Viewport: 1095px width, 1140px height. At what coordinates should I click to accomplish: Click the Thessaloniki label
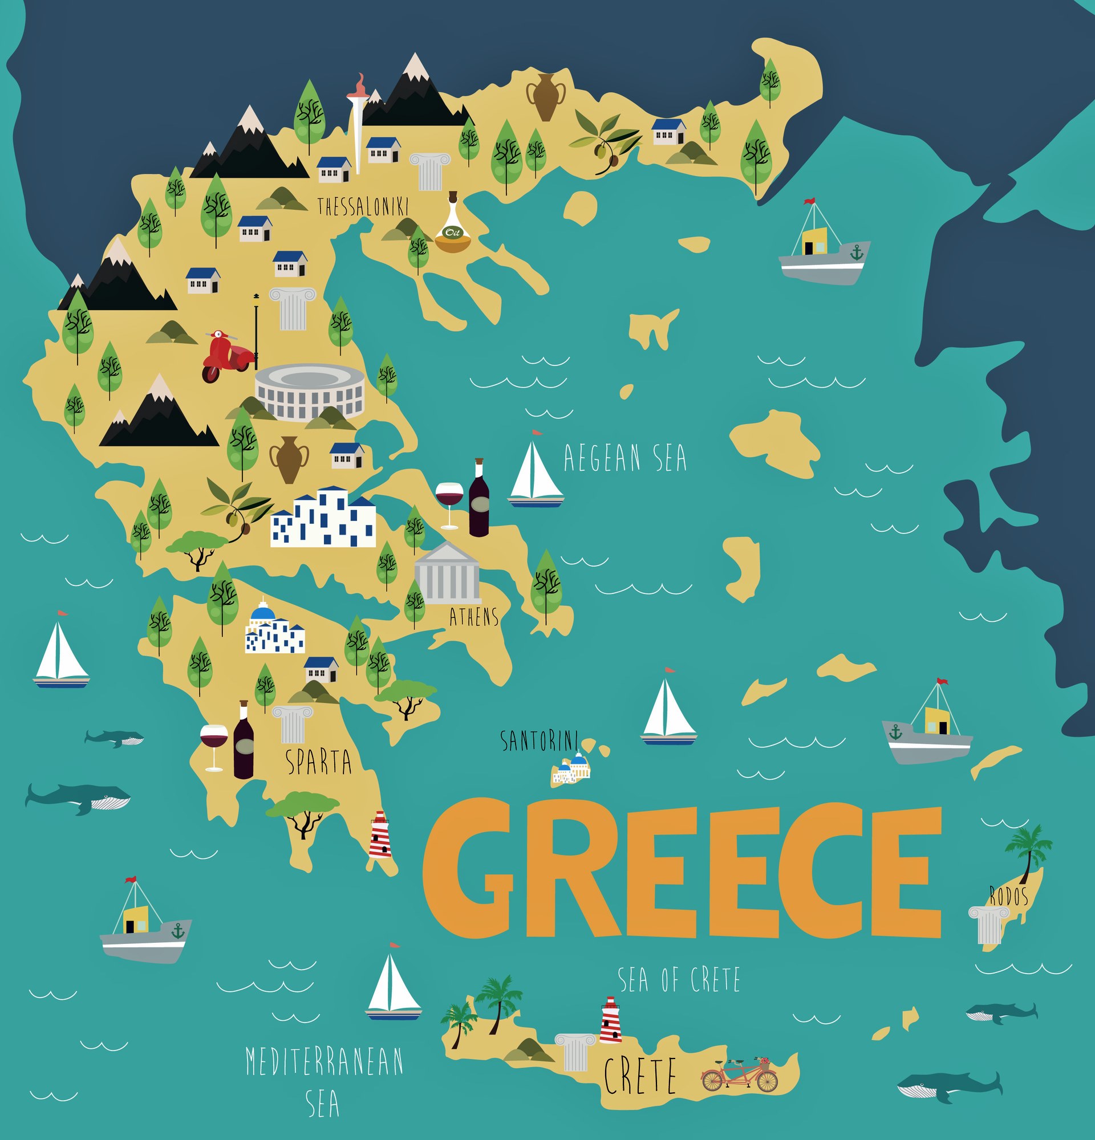point(363,206)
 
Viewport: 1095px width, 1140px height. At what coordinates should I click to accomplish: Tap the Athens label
point(473,617)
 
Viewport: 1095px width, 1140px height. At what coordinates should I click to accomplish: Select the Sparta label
point(319,762)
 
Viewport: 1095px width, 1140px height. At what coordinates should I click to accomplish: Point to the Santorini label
point(539,741)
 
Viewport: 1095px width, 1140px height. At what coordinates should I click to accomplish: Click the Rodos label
point(1009,896)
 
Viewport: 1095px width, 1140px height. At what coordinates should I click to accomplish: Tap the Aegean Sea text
point(625,458)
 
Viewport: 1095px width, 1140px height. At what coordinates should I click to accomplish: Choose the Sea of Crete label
point(679,979)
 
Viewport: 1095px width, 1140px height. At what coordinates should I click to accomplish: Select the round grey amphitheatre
point(310,391)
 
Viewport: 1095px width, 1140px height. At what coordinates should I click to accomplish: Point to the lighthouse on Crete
point(610,1020)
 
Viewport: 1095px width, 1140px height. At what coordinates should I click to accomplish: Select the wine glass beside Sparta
point(213,744)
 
